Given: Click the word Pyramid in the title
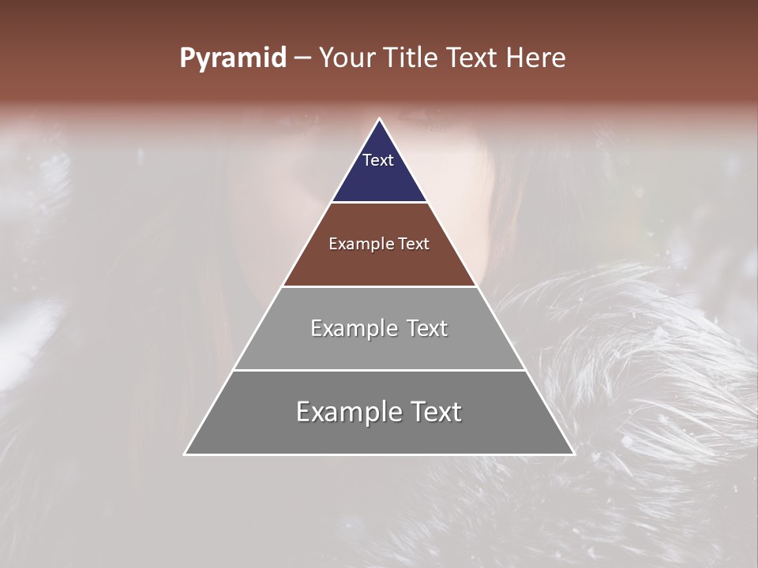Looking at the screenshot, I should click(x=232, y=58).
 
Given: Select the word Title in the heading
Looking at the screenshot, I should click(x=411, y=58).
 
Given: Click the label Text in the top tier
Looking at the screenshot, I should click(x=378, y=160).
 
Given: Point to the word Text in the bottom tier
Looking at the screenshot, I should click(x=436, y=412).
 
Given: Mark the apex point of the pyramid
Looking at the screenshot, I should click(x=380, y=119).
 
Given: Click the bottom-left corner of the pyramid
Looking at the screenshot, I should click(x=185, y=454).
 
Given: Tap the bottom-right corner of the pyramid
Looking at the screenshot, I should click(x=574, y=454).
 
